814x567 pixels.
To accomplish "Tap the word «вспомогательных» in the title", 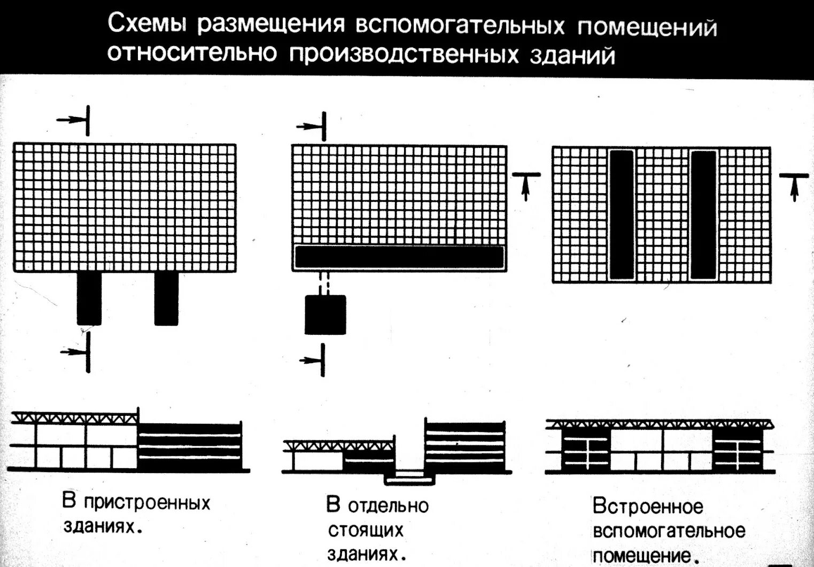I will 460,26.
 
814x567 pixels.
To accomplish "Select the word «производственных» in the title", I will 404,55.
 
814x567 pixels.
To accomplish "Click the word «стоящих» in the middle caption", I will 366,530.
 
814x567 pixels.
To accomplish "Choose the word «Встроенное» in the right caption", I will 648,507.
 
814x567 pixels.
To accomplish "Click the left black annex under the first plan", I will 89,298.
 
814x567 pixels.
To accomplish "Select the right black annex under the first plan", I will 166,298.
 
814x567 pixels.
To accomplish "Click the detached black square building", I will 325,314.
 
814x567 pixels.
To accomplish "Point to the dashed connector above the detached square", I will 325,283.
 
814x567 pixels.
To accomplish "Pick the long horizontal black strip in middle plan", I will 399,257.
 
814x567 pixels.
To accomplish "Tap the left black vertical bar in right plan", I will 622,215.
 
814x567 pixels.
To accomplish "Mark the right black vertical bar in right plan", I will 703,215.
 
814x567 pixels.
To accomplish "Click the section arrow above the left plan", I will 75,120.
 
